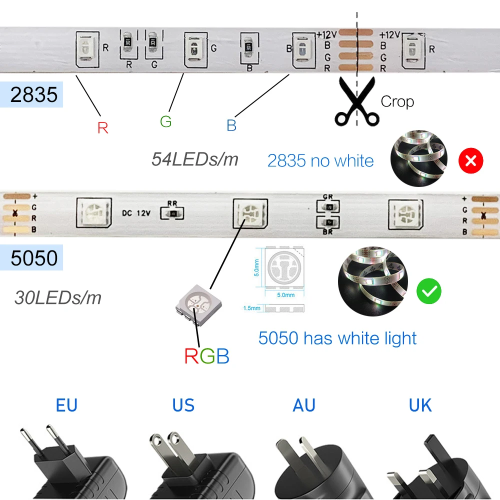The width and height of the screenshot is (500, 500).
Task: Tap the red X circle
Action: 471,160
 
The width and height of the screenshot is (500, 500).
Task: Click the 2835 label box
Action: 33,94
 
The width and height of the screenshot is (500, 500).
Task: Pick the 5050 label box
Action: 33,258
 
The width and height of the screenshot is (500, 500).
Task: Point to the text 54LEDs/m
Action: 194,159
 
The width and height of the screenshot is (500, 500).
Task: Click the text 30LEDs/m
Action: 58,298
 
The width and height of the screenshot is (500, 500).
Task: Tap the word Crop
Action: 397,101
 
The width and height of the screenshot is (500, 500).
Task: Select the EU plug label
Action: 66,405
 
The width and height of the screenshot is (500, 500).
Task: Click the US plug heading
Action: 183,405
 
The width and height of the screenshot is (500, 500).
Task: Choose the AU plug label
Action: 304,405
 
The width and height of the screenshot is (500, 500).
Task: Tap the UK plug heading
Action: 420,405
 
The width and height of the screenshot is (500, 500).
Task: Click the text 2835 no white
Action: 320,160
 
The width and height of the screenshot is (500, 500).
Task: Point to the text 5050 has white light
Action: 337,338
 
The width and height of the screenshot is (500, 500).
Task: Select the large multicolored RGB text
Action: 206,356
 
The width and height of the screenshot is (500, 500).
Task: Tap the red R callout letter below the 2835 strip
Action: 102,128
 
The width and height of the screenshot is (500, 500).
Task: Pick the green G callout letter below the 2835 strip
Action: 165,121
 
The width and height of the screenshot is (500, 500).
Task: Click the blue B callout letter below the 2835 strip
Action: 231,125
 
